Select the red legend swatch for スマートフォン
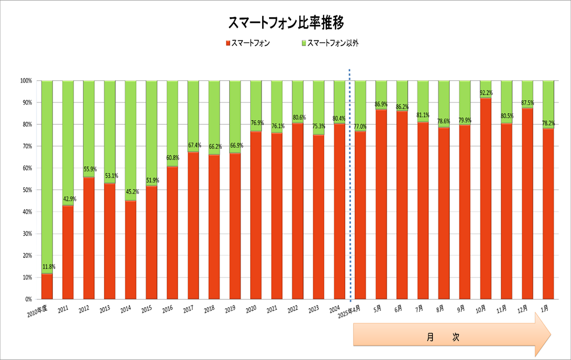228,43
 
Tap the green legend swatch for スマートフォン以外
304,43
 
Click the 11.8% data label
48,267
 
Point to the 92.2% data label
487,92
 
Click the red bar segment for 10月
486,198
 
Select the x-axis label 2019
230,309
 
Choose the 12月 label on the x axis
526,309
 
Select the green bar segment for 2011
68,142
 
